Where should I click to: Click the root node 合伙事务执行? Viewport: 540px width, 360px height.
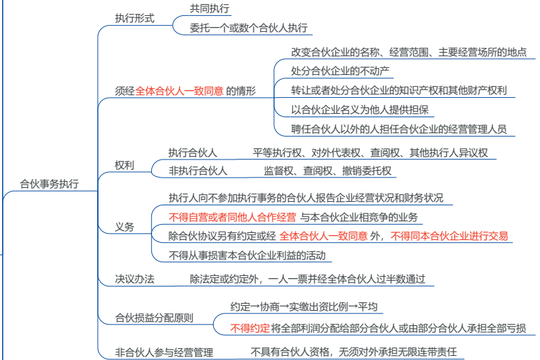coord(49,184)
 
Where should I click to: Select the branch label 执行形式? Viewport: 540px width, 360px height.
coord(135,18)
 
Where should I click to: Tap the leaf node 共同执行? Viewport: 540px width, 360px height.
coord(210,8)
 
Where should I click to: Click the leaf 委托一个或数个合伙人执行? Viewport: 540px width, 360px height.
coord(248,28)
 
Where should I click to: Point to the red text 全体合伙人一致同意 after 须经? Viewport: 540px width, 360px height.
coord(180,91)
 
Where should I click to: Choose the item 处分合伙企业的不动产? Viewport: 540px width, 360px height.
coord(340,71)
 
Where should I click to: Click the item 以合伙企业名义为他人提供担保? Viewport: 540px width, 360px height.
coord(360,110)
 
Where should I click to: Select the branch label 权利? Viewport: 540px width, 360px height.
coord(124,166)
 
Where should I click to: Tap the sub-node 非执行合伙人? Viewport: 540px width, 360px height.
coord(198,171)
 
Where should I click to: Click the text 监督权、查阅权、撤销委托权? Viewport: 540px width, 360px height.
coord(328,171)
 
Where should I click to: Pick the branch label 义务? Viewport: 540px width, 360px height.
coord(124,227)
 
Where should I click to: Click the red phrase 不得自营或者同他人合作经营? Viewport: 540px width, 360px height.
coord(233,217)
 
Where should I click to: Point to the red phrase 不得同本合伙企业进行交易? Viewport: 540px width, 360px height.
coord(449,236)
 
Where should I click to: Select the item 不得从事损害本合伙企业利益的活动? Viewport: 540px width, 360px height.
coord(247,255)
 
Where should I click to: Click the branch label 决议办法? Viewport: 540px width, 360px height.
coord(135,279)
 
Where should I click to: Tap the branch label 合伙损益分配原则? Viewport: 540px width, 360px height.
coord(154,318)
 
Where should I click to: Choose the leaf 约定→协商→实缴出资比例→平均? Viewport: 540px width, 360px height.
coord(304,307)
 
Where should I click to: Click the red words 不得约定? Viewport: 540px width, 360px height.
coord(250,328)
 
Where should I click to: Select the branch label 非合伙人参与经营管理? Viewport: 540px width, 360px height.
coord(164,352)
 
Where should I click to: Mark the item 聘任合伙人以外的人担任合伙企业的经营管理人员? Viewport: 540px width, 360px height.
coord(399,129)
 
